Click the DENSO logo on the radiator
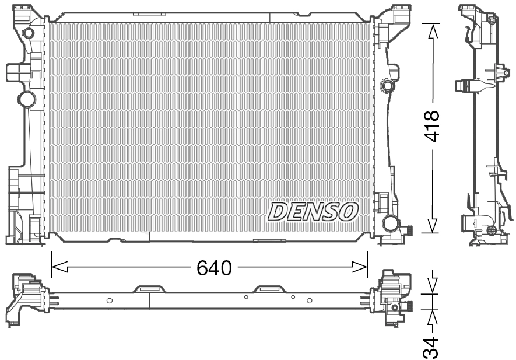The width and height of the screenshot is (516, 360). tap(313, 211)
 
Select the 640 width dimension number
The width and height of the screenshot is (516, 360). tap(214, 268)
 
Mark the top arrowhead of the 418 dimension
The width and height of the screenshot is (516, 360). tap(431, 32)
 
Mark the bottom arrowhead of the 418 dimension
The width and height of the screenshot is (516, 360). tap(431, 225)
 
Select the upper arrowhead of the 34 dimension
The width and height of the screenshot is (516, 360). tap(431, 285)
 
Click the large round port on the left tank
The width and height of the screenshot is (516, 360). tap(27, 98)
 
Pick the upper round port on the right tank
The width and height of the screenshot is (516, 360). tap(387, 86)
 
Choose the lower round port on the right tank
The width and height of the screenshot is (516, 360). tap(390, 223)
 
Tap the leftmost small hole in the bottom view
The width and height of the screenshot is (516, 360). tap(109, 300)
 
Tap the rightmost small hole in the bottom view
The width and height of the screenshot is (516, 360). tap(309, 300)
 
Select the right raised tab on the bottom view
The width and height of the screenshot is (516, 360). tap(269, 288)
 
